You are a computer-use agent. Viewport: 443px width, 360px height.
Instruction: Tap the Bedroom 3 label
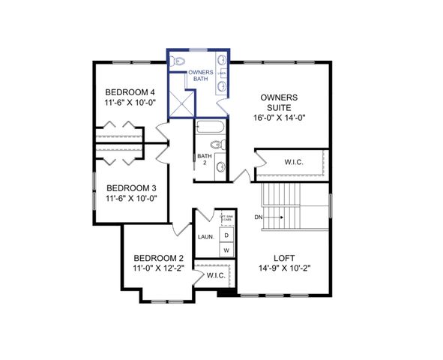click(131, 188)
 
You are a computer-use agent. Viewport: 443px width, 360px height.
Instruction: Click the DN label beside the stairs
click(259, 217)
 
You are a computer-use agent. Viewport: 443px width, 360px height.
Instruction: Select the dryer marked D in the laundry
click(226, 235)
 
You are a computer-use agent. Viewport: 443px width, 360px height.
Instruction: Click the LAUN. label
click(206, 237)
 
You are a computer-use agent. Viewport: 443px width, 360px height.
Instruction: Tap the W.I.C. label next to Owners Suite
click(294, 162)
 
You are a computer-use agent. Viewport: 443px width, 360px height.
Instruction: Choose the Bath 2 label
click(202, 160)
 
